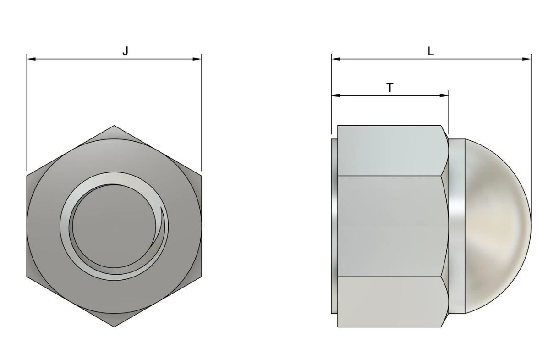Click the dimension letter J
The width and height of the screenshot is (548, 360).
[x=125, y=51]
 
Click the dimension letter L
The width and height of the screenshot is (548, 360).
[x=430, y=51]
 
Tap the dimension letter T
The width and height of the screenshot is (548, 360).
[x=389, y=87]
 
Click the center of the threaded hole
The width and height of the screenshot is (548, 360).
[x=114, y=227]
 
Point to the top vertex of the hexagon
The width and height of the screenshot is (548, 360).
[x=114, y=126]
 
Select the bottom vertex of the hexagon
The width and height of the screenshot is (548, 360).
[x=114, y=327]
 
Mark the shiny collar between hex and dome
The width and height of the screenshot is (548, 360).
[x=456, y=227]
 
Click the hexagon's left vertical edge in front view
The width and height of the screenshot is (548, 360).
[x=27, y=227]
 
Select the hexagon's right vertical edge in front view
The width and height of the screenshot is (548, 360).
[x=201, y=227]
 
